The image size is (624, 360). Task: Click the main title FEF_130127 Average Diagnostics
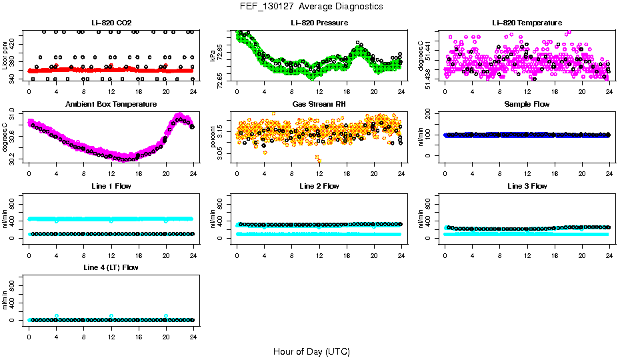[x=312, y=6]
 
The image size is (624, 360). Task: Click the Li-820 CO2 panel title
[x=111, y=23]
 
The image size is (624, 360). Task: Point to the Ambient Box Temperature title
[x=111, y=105]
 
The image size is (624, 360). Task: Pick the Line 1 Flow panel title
[x=111, y=186]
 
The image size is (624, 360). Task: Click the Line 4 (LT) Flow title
[x=111, y=268]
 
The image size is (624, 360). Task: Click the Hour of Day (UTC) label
[x=311, y=351]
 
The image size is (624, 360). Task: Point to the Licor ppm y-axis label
[x=5, y=55]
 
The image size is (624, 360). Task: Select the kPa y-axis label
[x=213, y=55]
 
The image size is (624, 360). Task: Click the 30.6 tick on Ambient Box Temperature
[x=16, y=137]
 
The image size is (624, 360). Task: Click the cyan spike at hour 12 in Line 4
[x=111, y=316]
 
